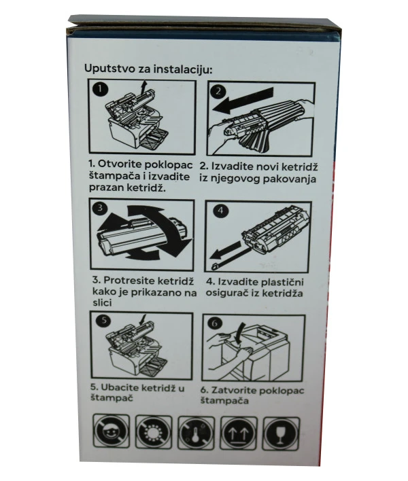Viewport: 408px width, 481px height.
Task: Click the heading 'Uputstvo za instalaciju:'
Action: tap(148, 69)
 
